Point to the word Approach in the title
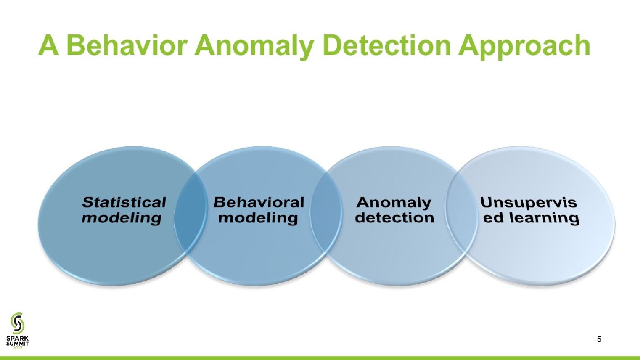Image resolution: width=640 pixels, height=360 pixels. point(524,47)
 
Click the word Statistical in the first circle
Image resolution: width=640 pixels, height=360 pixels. point(124,202)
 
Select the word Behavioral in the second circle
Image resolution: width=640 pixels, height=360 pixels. point(259,202)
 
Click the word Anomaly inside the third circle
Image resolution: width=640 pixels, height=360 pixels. point(394,202)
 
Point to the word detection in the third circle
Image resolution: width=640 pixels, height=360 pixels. point(394,218)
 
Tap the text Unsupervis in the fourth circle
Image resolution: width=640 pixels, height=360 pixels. point(528,202)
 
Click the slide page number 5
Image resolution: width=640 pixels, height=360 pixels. point(599,339)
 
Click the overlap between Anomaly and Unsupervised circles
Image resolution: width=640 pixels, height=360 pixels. point(461,216)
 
